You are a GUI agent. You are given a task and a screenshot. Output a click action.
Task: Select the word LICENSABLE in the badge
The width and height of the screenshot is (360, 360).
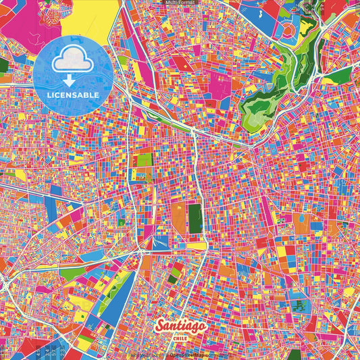click(x=72, y=95)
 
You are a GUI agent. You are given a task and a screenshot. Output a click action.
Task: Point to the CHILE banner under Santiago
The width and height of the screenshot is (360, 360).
click(x=181, y=338)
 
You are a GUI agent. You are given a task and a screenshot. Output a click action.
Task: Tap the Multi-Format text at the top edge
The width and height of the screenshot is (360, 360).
click(x=180, y=3)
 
